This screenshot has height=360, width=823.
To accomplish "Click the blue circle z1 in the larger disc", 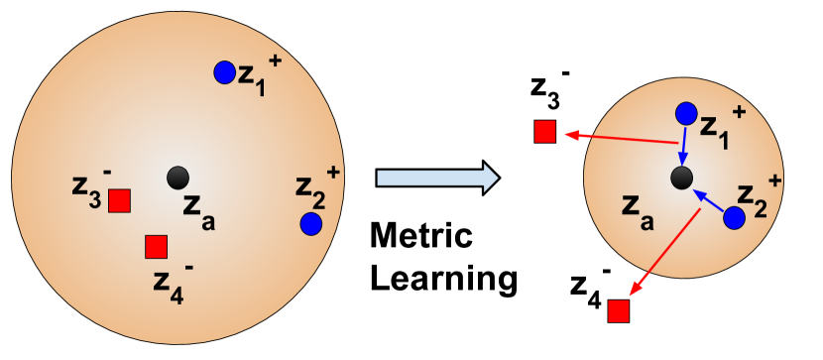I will click(x=225, y=72).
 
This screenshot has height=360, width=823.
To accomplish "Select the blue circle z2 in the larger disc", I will click(x=310, y=224).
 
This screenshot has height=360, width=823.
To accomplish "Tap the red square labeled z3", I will click(x=119, y=200).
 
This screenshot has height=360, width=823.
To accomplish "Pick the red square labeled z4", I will click(x=156, y=246).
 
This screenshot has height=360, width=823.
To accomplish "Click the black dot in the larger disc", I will click(x=177, y=178).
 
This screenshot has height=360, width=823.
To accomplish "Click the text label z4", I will click(x=168, y=281).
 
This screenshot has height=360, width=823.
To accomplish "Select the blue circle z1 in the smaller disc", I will click(x=686, y=114).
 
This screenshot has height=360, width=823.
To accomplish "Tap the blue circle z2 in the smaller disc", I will click(x=734, y=218).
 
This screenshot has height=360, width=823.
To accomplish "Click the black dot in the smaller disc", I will click(x=681, y=178).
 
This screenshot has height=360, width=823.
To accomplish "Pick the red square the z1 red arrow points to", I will click(x=544, y=132).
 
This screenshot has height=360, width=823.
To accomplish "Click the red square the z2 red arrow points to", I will click(x=619, y=311).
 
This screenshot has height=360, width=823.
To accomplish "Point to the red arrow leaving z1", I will click(x=620, y=138).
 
